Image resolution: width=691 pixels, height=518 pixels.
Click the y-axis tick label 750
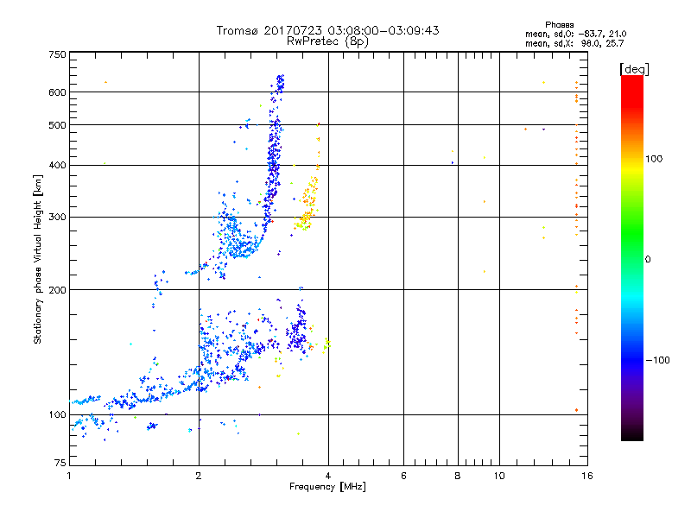point(57,55)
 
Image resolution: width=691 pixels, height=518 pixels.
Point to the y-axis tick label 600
point(57,92)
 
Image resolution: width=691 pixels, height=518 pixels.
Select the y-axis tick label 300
point(57,217)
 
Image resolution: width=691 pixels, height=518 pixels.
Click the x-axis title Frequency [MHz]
point(327,487)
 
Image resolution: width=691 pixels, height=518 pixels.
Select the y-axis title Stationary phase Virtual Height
point(38,259)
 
